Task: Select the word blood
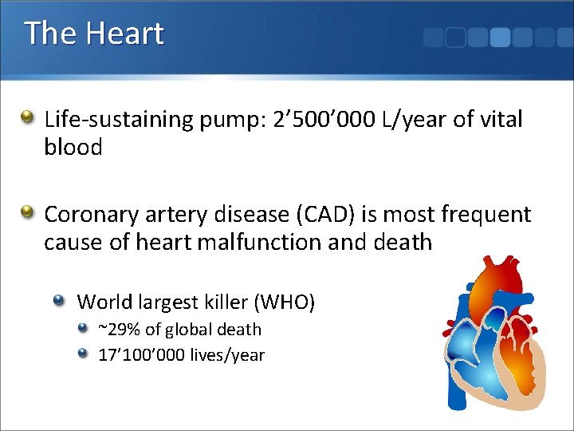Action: [x=73, y=148]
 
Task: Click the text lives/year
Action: [x=227, y=355]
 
